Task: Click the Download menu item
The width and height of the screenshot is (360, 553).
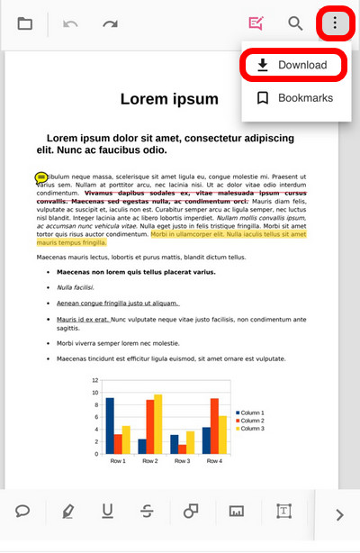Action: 291,65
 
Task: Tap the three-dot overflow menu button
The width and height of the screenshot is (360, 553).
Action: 335,23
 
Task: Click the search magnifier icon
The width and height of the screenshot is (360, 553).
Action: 295,23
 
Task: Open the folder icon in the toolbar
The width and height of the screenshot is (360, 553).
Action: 25,23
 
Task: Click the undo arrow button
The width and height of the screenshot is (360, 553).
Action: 71,23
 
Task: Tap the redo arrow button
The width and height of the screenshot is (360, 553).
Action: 110,23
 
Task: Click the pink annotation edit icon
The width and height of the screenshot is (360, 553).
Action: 256,23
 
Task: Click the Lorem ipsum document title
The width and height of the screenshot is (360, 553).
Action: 169,99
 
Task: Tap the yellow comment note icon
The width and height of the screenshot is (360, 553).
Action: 41,177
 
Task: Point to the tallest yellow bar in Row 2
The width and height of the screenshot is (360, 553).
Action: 158,423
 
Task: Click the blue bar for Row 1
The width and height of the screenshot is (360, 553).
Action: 110,425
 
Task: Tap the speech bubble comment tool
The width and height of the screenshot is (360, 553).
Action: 23,512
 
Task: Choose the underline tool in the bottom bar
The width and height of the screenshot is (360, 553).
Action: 108,512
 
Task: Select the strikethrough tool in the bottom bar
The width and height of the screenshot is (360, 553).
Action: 148,512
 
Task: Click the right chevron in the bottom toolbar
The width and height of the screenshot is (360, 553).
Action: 339,515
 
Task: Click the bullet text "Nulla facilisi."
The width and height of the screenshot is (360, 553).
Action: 76,287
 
